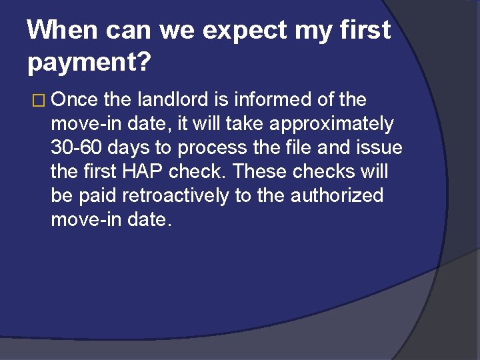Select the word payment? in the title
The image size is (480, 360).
[90, 63]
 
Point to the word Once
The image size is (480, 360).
[75, 100]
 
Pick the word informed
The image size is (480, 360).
[273, 100]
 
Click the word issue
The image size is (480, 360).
[379, 148]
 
